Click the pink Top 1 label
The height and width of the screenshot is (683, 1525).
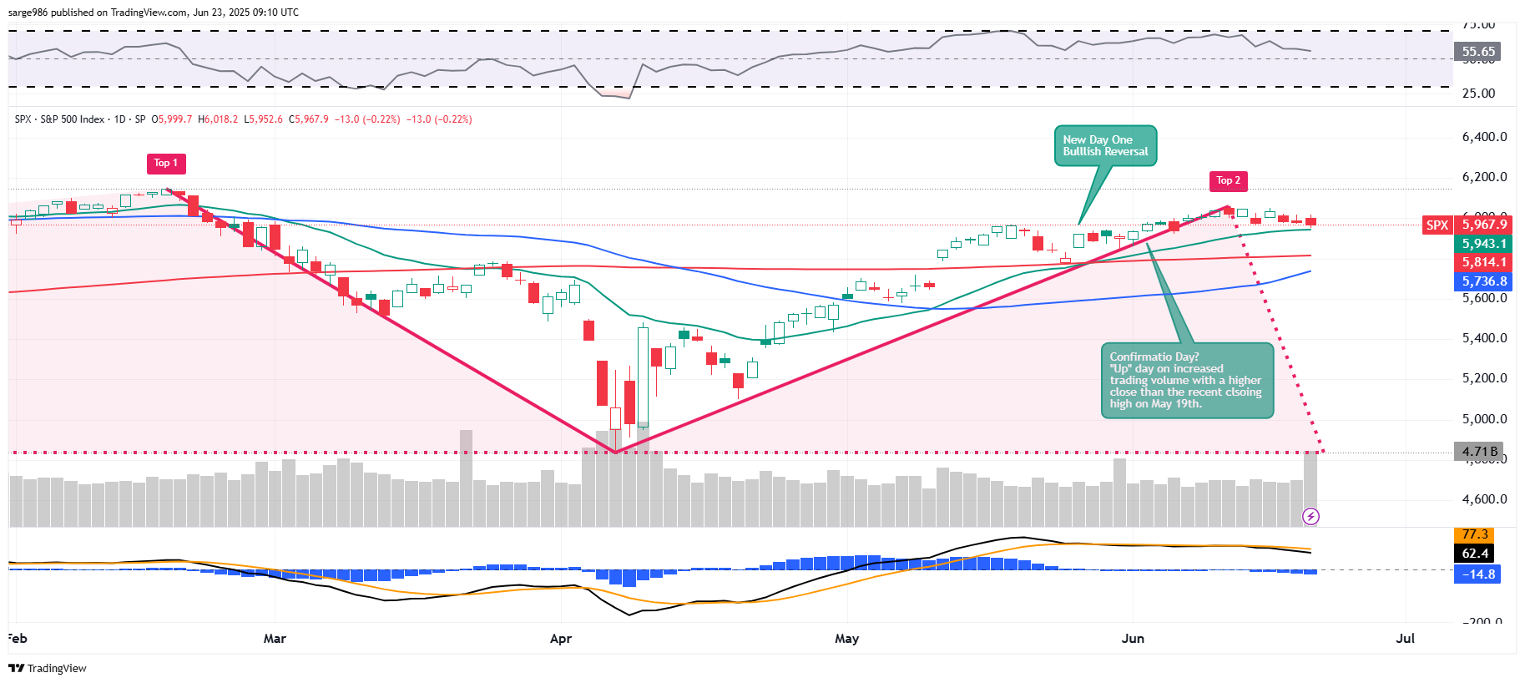pyautogui.click(x=166, y=164)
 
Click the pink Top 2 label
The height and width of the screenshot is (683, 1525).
pyautogui.click(x=1229, y=180)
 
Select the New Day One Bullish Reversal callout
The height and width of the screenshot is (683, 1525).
pyautogui.click(x=1105, y=146)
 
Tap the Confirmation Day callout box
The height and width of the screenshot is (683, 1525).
pyautogui.click(x=1187, y=381)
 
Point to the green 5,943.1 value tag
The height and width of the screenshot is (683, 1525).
pyautogui.click(x=1483, y=244)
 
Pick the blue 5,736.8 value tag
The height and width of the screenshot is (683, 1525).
pyautogui.click(x=1483, y=281)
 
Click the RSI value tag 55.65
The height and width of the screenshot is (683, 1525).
pyautogui.click(x=1478, y=52)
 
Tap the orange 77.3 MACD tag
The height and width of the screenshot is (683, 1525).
pyautogui.click(x=1475, y=534)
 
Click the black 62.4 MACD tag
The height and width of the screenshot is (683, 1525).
pyautogui.click(x=1475, y=554)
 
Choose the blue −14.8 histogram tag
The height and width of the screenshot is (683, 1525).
pyautogui.click(x=1477, y=574)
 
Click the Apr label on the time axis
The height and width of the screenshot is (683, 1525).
pyautogui.click(x=561, y=639)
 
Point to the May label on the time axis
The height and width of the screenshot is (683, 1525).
pyautogui.click(x=846, y=639)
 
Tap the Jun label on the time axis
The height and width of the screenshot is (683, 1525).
pyautogui.click(x=1133, y=639)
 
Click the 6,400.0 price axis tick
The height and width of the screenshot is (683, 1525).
pyautogui.click(x=1484, y=137)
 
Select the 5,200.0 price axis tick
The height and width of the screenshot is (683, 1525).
pyautogui.click(x=1484, y=378)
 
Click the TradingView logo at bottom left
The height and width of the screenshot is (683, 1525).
pyautogui.click(x=48, y=668)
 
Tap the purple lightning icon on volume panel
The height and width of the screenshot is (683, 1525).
pyautogui.click(x=1310, y=517)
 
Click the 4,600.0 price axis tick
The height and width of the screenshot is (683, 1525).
pyautogui.click(x=1484, y=499)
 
